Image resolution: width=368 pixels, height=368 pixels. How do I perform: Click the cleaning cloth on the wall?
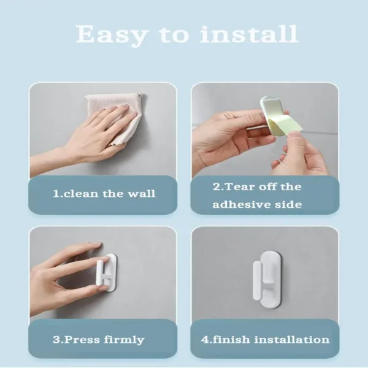click(x=117, y=117)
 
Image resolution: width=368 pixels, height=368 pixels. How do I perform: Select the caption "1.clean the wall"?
click(x=103, y=194)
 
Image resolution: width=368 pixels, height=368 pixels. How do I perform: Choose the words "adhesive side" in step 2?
click(x=257, y=204)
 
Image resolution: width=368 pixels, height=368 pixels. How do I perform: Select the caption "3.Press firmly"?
click(x=98, y=339)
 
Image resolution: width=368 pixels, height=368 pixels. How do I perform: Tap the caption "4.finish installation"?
click(x=265, y=339)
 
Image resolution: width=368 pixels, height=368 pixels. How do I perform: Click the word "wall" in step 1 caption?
click(x=140, y=194)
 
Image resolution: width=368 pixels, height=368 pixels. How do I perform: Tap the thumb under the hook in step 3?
click(x=86, y=288)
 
